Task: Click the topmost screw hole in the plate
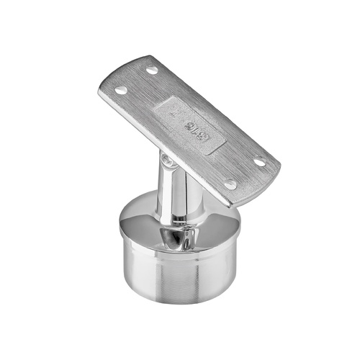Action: click(x=152, y=71)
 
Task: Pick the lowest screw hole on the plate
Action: click(x=230, y=184)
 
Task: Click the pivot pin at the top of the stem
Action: click(x=168, y=162)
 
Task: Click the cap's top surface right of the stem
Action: click(x=216, y=223)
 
